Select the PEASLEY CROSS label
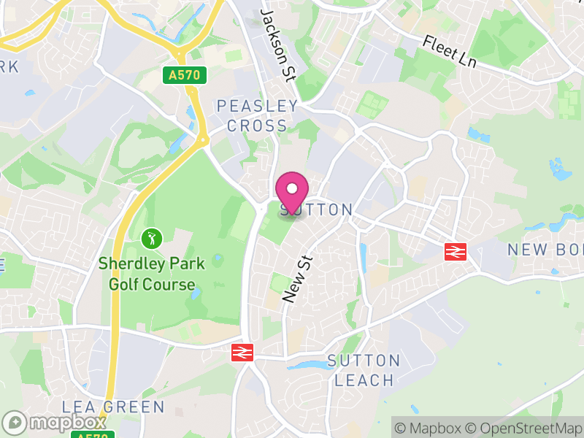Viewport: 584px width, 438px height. tap(257, 116)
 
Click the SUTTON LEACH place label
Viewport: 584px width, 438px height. tap(364, 370)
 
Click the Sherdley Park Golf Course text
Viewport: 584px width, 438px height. tap(152, 274)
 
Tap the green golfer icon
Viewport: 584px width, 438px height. tap(151, 238)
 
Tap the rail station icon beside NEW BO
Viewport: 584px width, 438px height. tap(455, 252)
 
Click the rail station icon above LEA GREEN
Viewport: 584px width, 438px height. tap(242, 353)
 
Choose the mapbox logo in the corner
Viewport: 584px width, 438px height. tap(55, 423)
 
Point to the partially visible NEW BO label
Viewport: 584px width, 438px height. tap(546, 249)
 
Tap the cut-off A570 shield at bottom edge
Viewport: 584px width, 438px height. tap(93, 436)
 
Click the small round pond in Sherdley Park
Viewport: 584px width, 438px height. tap(218, 259)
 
